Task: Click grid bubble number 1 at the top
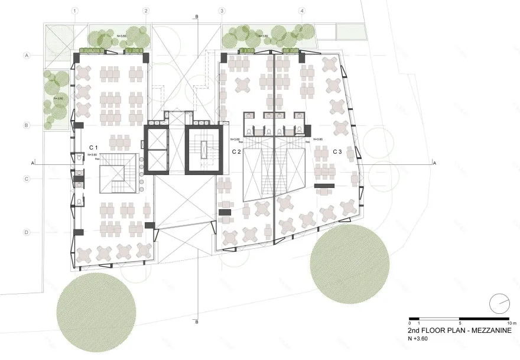[74, 11]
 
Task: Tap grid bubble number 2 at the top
[146, 11]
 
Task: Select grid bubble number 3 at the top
[222, 11]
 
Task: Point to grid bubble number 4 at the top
[302, 11]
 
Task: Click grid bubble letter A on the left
[27, 56]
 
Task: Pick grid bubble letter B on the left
[27, 125]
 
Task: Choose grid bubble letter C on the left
[27, 179]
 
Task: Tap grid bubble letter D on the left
[27, 232]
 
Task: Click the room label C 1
[93, 146]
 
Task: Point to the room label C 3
[337, 152]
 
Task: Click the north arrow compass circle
[499, 303]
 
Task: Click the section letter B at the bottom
[196, 323]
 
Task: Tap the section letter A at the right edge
[434, 163]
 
